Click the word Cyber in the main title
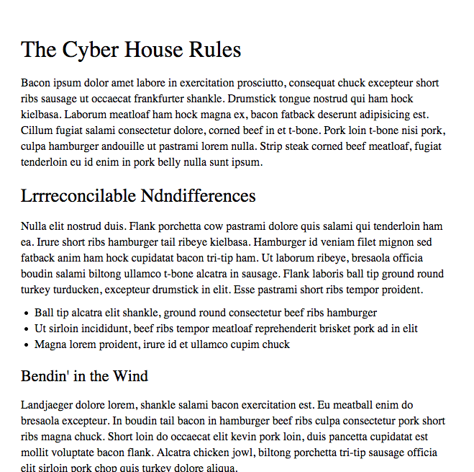(x=90, y=50)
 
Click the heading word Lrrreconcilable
(x=78, y=195)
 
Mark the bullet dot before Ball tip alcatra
(x=27, y=313)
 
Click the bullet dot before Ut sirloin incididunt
(x=27, y=329)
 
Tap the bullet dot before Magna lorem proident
(x=27, y=345)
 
